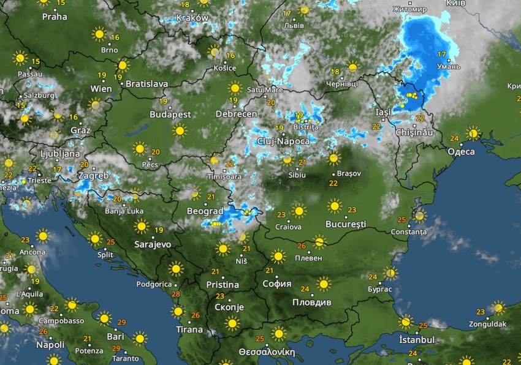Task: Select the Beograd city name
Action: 205,211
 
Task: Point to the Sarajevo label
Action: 153,244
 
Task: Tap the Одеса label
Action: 462,151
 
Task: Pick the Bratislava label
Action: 146,84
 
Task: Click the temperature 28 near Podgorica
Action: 177,295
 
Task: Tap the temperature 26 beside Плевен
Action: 302,246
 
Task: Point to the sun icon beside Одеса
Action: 473,133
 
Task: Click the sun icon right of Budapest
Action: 180,130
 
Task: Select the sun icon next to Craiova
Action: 299,212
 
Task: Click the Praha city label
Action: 55,17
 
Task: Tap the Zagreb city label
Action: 93,176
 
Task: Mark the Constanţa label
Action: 408,232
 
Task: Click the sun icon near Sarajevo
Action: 142,227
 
